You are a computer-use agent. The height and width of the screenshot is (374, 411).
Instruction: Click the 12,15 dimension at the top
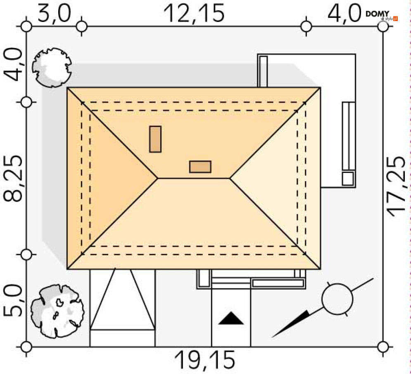pos(194,13)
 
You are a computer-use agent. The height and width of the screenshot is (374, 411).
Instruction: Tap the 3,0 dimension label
pos(54,13)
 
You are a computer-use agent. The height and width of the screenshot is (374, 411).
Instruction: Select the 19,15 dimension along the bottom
pos(205,360)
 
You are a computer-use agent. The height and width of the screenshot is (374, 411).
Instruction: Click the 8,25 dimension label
pos(13,178)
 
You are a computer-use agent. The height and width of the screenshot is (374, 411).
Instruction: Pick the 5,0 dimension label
pos(13,301)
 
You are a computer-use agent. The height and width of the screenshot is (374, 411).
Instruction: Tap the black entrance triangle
pos(231,319)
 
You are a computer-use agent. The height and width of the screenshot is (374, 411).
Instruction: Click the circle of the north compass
pos(337,299)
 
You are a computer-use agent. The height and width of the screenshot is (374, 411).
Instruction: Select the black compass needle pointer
pos(290,324)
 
